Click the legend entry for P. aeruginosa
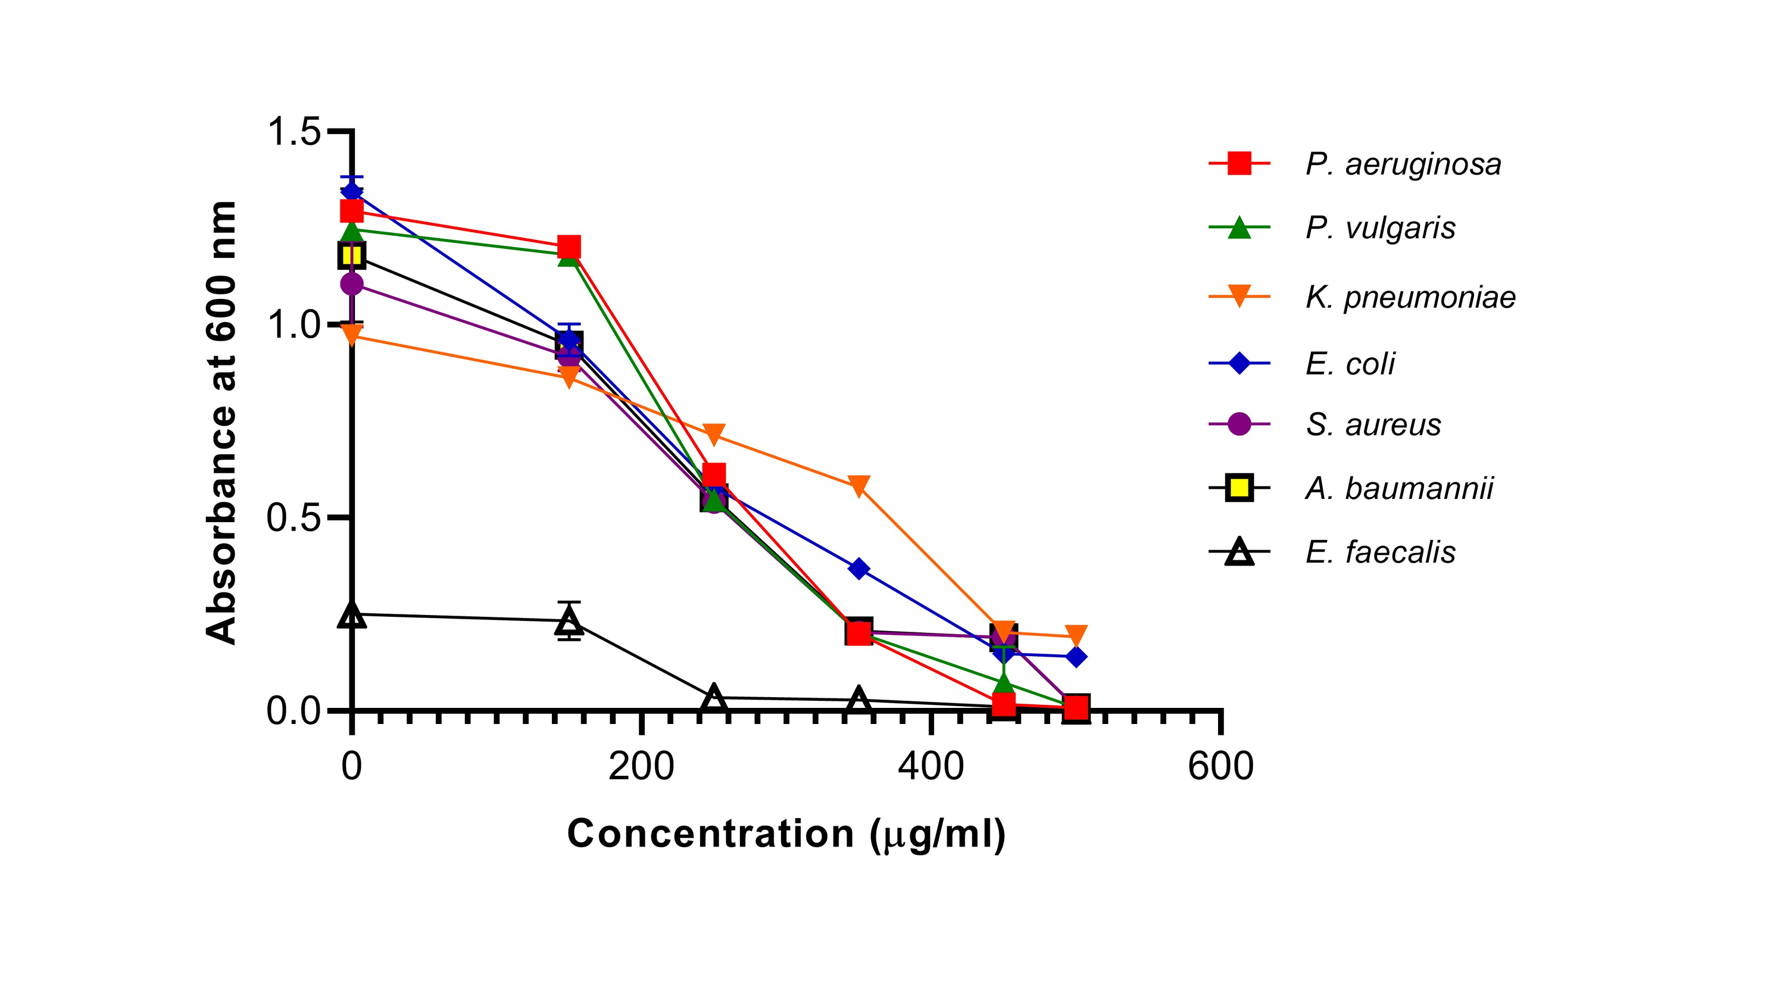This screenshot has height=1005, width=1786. [x=1403, y=164]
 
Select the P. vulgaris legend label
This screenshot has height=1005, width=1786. [x=1380, y=227]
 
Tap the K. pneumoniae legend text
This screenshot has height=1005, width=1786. [x=1410, y=297]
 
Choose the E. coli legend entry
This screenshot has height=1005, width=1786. [x=1349, y=363]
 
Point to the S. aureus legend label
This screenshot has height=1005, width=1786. [x=1373, y=425]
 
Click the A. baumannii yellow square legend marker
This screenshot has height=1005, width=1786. [x=1239, y=488]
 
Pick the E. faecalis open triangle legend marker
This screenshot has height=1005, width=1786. [x=1239, y=553]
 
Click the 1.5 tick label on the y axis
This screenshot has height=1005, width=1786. [x=294, y=131]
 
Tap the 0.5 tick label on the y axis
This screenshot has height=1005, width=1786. [x=294, y=518]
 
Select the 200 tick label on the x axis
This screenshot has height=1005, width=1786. [x=641, y=767]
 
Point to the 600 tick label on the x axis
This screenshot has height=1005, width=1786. [x=1220, y=767]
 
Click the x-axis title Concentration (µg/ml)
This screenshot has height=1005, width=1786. [x=786, y=834]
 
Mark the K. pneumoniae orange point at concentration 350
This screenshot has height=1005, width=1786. [x=859, y=485]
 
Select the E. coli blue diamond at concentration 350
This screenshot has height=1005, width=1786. [x=859, y=569]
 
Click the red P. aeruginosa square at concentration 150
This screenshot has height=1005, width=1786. [x=569, y=246]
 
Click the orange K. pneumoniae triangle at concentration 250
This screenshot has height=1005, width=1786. [x=714, y=434]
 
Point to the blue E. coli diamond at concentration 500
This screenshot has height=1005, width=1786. [x=1076, y=656]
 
